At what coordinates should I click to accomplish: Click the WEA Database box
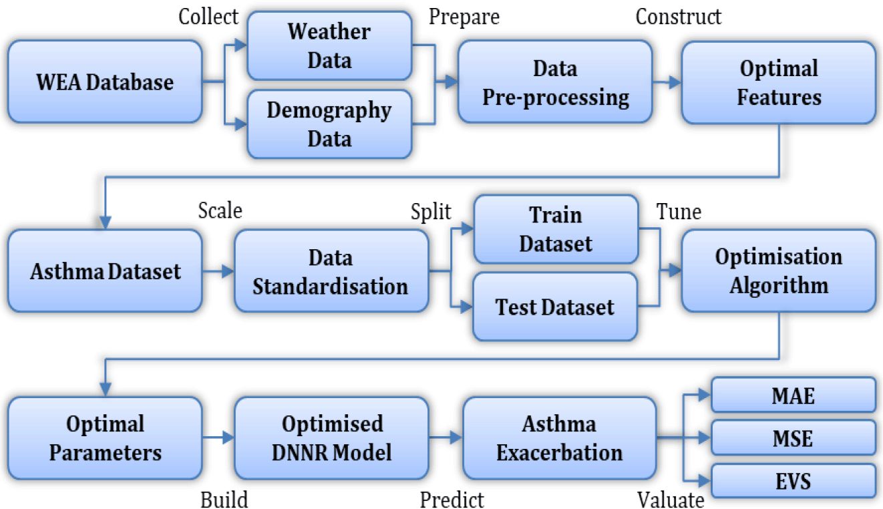point(105,82)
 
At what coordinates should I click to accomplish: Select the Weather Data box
point(329,46)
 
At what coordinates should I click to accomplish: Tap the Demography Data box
point(329,124)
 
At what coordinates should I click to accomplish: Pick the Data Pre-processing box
point(555,82)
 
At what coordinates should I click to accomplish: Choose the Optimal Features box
point(778,82)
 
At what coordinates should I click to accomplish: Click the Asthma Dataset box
point(105,271)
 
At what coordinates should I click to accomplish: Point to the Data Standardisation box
point(331,271)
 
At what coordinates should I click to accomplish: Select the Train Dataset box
point(555,229)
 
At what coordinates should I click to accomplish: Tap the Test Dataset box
point(555,307)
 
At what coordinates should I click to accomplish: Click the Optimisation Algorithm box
point(778,271)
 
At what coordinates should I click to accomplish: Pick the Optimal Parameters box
point(105,438)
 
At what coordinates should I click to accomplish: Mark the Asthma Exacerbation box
point(559,438)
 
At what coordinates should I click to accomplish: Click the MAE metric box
point(793,395)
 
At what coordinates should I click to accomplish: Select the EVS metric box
point(793,481)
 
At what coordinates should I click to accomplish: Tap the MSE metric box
point(793,438)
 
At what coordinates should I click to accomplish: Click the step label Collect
point(208,17)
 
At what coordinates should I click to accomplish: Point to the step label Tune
point(679,212)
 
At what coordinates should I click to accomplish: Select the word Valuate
point(670,499)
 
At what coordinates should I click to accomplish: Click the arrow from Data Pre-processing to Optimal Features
point(667,82)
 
